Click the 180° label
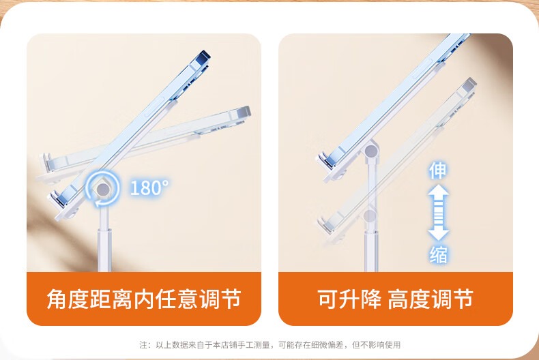(149, 187)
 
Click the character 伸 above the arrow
(437, 170)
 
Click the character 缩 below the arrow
(438, 255)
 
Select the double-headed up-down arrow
(438, 213)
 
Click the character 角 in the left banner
(57, 299)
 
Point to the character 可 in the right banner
(328, 299)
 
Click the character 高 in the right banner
(398, 299)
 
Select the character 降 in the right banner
(371, 299)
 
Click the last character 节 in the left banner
(231, 299)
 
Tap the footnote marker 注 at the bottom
(143, 344)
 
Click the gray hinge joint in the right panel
(371, 151)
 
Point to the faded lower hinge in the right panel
(370, 216)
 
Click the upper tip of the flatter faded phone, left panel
(249, 109)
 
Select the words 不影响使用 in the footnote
(380, 344)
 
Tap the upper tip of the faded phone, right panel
(475, 80)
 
